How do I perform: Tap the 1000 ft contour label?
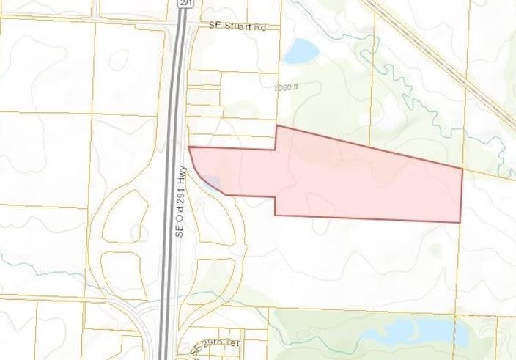point(287,87)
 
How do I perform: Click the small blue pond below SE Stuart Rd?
point(301,51)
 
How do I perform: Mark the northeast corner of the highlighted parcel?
point(462,169)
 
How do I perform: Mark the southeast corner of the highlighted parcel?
point(460,222)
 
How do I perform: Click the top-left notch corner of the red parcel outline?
point(276,126)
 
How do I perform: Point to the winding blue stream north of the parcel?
point(410,81)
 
